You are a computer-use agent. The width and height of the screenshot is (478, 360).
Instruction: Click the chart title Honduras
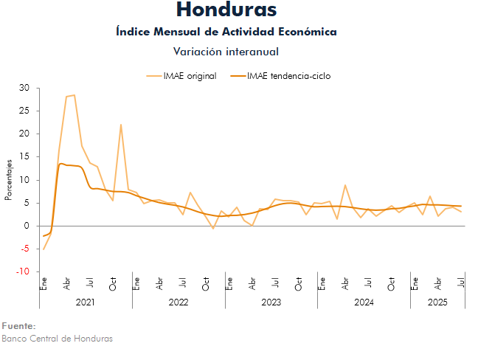tap(226, 10)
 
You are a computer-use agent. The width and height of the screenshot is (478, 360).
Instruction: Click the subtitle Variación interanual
tap(226, 51)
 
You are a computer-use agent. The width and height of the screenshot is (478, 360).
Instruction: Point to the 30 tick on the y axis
tap(24, 89)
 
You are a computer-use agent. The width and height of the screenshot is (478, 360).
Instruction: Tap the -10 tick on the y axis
tap(23, 271)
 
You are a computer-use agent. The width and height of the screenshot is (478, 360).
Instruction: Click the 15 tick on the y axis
tap(24, 157)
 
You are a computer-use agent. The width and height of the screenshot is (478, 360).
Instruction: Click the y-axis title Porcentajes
tap(10, 180)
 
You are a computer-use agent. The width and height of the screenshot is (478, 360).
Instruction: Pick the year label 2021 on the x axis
tap(86, 302)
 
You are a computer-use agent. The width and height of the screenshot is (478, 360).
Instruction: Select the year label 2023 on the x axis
tap(271, 302)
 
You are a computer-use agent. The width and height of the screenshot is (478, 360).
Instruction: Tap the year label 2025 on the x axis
tap(437, 302)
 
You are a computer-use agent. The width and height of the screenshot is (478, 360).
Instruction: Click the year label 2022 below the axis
tap(179, 302)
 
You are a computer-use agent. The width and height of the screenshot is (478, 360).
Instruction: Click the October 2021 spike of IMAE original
tap(120, 125)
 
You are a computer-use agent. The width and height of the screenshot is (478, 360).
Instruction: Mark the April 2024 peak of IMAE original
tap(344, 185)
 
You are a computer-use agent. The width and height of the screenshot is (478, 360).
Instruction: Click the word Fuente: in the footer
tap(18, 326)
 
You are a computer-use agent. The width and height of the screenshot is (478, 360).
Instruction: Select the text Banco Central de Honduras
tap(58, 339)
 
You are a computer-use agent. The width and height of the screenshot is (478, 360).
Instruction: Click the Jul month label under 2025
tap(461, 283)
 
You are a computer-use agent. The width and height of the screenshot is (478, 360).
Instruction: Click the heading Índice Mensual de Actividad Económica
tap(226, 32)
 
